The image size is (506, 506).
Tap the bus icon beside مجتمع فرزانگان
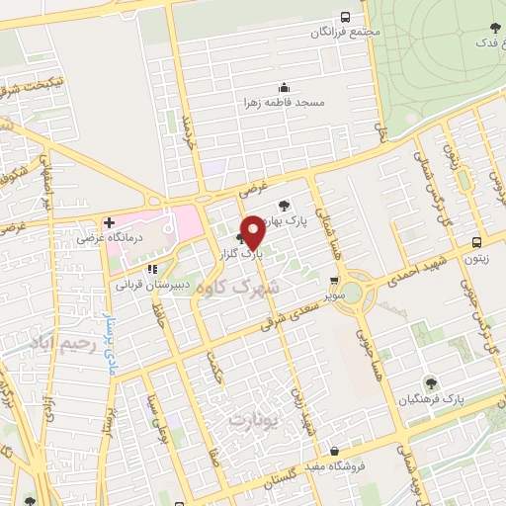point(345,17)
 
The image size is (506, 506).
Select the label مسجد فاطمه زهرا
point(285,101)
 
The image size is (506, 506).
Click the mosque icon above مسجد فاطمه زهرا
point(285,86)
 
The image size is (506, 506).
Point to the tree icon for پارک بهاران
point(285,207)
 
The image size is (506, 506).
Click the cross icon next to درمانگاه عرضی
point(109,222)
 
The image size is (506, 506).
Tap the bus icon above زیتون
point(476,242)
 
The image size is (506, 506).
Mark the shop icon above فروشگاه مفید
point(336,451)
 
